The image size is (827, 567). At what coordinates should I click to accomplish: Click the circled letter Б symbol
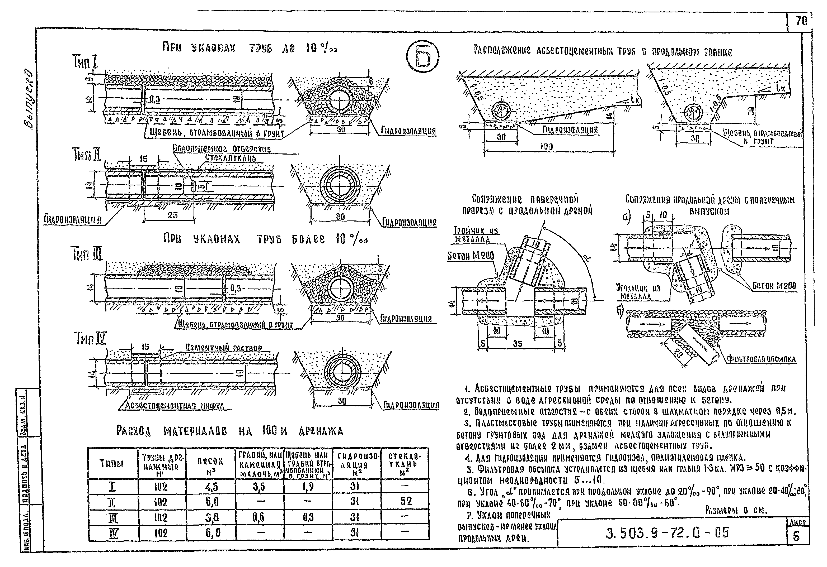[422, 56]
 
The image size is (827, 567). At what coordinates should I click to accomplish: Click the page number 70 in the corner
[801, 31]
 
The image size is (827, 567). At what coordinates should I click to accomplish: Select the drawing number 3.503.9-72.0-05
[667, 532]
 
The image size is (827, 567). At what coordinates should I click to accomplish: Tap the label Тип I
[85, 63]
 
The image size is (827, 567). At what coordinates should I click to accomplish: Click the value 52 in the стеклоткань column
[405, 502]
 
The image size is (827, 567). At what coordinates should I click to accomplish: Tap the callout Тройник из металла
[476, 235]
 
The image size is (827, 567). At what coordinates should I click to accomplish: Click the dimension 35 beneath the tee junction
[518, 343]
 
